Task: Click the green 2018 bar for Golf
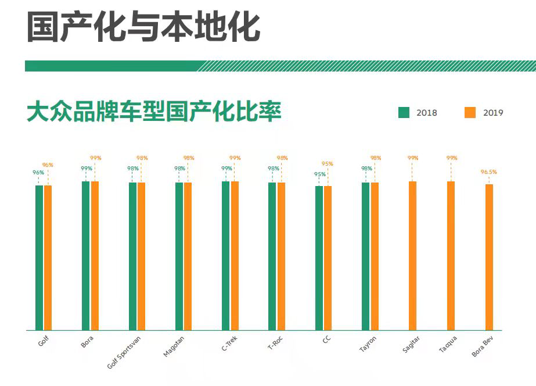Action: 39,258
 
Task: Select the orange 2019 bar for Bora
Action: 95,256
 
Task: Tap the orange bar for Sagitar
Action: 412,256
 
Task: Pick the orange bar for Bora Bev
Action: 489,258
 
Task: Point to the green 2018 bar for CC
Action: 319,258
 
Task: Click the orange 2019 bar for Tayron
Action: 375,256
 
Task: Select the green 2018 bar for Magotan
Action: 179,256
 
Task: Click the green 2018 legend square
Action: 404,113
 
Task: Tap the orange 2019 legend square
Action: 470,113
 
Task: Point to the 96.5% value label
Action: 488,172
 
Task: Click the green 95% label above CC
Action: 320,174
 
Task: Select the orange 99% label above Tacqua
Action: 452,158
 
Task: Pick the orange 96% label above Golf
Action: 48,165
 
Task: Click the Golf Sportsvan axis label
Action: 124,352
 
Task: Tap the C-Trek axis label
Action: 229,343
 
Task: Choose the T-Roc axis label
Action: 275,342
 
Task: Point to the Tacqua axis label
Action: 448,344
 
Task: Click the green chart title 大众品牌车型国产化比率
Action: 154,111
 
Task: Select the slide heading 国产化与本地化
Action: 143,27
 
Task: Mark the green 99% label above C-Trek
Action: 226,169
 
